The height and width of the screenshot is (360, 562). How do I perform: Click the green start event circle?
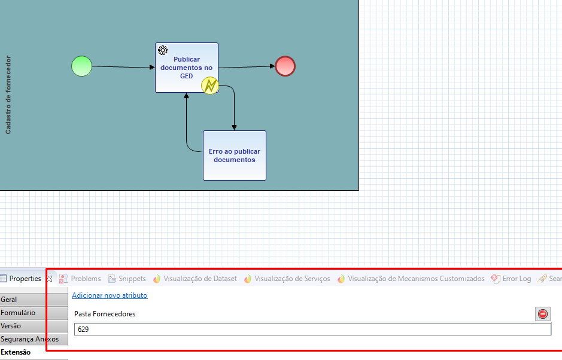click(x=82, y=66)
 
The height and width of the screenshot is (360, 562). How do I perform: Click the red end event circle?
click(x=285, y=66)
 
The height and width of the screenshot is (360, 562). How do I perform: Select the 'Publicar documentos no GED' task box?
click(x=186, y=68)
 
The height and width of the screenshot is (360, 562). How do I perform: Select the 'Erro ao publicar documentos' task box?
click(x=235, y=155)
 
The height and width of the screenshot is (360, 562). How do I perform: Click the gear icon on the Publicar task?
click(x=163, y=50)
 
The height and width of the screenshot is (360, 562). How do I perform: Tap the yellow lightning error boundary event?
click(x=210, y=86)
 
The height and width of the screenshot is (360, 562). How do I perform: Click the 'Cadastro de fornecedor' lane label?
click(x=8, y=95)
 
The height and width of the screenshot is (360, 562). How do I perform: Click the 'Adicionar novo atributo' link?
click(x=110, y=295)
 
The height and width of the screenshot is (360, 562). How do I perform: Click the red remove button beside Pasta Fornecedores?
click(x=543, y=314)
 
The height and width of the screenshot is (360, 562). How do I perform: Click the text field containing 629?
click(x=312, y=329)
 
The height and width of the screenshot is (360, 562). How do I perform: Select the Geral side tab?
click(x=34, y=300)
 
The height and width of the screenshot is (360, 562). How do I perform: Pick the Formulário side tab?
click(x=34, y=313)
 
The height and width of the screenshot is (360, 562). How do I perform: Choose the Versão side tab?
click(x=34, y=326)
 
